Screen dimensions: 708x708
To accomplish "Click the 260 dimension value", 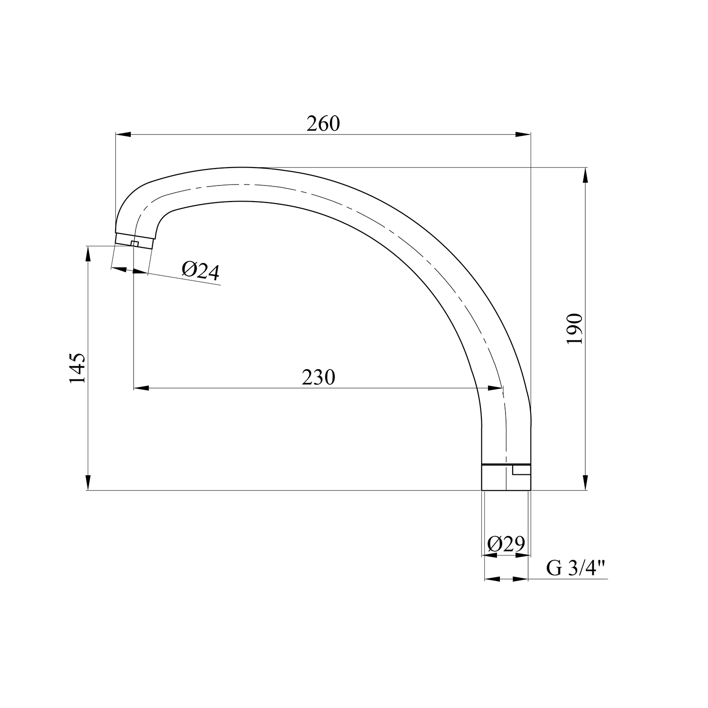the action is (x=323, y=124).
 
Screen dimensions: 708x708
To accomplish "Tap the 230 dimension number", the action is (x=318, y=377).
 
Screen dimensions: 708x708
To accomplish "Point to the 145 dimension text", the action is (x=78, y=367).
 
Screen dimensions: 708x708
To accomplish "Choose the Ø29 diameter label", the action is (x=506, y=544).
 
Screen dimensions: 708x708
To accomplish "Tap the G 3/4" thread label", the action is (x=575, y=568).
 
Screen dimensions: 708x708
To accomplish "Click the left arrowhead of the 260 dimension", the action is (x=123, y=135).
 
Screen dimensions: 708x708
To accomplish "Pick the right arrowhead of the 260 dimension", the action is (x=523, y=135).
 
